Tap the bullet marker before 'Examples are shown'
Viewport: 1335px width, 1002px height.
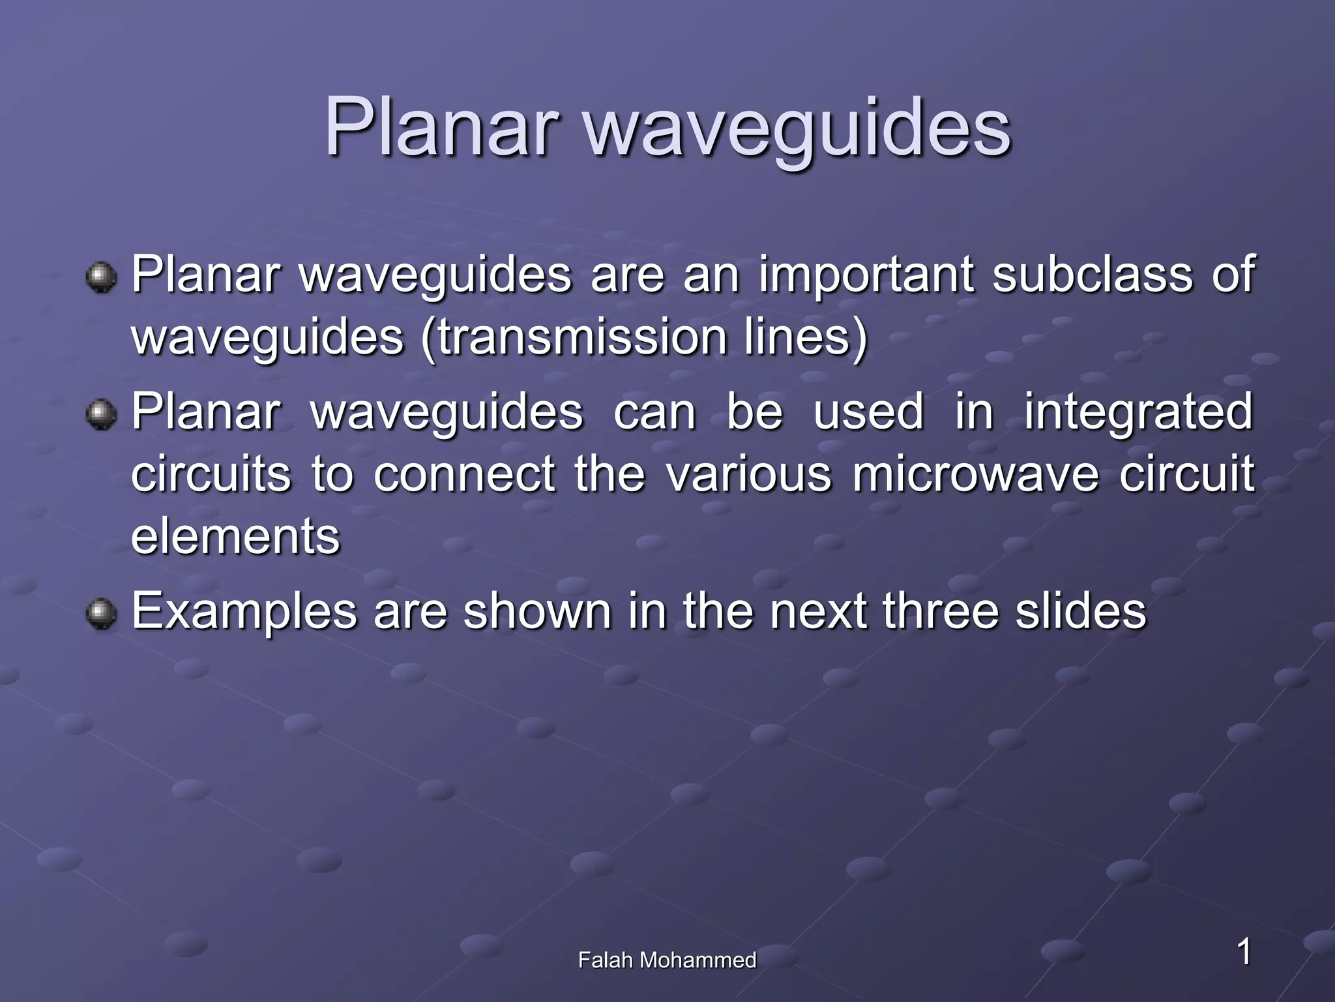101,613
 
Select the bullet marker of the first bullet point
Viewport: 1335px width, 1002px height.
101,277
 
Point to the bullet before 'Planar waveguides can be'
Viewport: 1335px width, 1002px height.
101,414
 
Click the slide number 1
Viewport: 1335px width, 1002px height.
1244,950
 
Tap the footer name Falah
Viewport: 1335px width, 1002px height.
606,960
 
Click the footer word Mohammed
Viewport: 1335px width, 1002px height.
698,960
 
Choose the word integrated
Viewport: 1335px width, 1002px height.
1138,412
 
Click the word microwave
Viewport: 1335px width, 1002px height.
975,474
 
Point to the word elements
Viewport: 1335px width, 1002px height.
235,536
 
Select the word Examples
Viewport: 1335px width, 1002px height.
244,613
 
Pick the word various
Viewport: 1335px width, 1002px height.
749,474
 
